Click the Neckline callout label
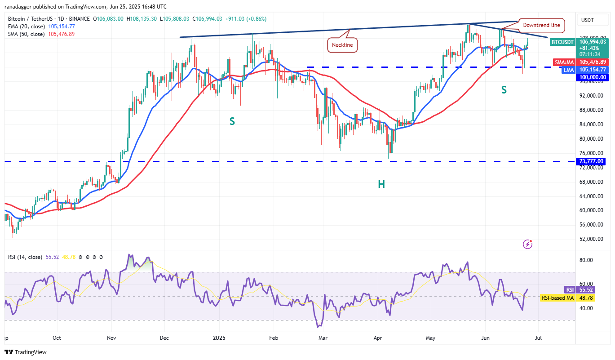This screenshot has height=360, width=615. (x=342, y=45)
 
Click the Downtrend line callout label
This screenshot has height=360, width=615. (x=541, y=25)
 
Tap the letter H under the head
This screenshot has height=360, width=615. (x=381, y=184)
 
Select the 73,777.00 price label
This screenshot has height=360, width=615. (x=591, y=161)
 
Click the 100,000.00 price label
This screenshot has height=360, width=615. (x=591, y=77)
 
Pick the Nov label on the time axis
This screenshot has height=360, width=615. (x=112, y=338)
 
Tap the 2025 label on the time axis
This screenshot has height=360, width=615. (x=219, y=338)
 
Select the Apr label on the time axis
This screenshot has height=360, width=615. (x=378, y=338)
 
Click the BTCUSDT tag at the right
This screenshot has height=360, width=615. (x=562, y=42)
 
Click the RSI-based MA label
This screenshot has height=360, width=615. (x=557, y=298)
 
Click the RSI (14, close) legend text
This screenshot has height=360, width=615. (x=25, y=257)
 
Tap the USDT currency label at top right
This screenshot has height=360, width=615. (x=587, y=20)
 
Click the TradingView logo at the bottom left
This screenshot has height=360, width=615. (x=26, y=352)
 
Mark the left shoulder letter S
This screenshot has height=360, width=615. (x=232, y=121)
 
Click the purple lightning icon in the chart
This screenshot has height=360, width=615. (x=528, y=244)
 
